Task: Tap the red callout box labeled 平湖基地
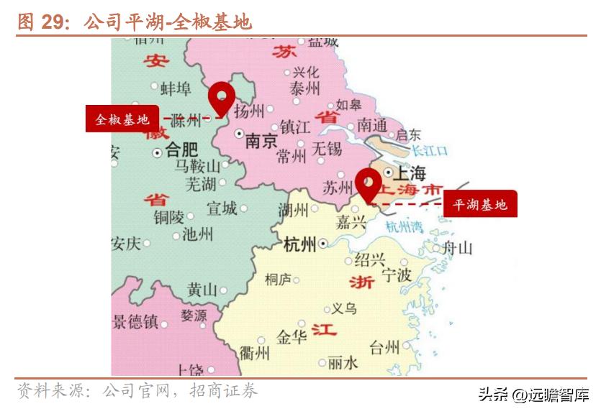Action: pos(480,204)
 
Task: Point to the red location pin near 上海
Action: pos(369,183)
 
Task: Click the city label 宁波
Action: pos(397,275)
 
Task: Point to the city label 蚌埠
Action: pos(176,88)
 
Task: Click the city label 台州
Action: pos(384,349)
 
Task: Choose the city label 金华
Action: pos(292,336)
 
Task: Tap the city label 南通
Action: pos(371,124)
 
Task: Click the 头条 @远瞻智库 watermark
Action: pos(533,394)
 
